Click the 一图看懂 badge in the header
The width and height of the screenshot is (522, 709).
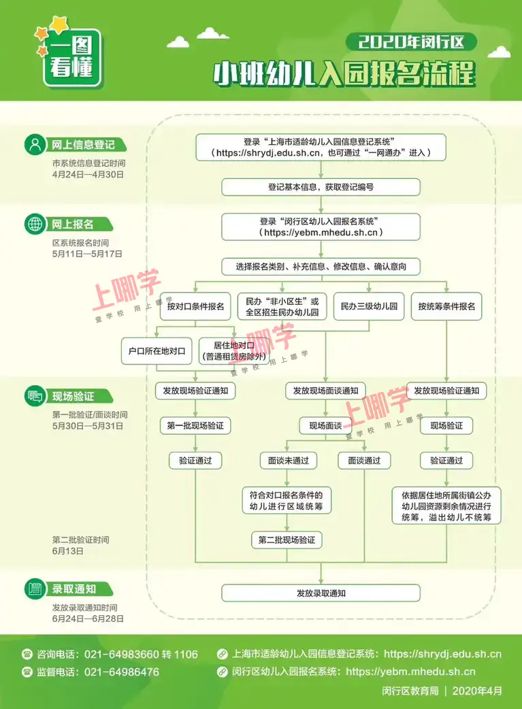pos(71,57)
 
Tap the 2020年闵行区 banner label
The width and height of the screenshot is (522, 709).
pos(411,42)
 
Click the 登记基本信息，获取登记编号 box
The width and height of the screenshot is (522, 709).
pos(321,187)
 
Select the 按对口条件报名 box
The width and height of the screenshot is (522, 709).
pos(195,307)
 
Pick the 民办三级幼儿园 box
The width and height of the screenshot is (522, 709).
pos(369,307)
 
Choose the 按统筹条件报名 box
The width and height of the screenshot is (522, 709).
pos(446,307)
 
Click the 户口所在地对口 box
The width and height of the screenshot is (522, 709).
pos(157,351)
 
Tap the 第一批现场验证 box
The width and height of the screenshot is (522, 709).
pos(195,425)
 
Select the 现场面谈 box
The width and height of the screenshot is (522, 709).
pos(326,425)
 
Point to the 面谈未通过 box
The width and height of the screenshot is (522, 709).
pos(288,461)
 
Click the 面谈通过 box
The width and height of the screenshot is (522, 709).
pos(364,461)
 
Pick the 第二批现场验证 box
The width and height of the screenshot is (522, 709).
pos(287,540)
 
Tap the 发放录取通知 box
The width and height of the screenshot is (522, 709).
pos(321,593)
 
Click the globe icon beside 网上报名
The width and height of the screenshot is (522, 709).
pos(35,225)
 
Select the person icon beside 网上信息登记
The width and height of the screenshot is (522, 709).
pos(35,145)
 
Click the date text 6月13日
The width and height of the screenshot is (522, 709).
pos(68,550)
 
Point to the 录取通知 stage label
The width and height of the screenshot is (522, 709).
pos(74,589)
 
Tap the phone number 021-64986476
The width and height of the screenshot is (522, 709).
pos(122,672)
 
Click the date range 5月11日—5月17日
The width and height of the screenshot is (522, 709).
pos(87,254)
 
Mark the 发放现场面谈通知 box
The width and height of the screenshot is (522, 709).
pos(326,391)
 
